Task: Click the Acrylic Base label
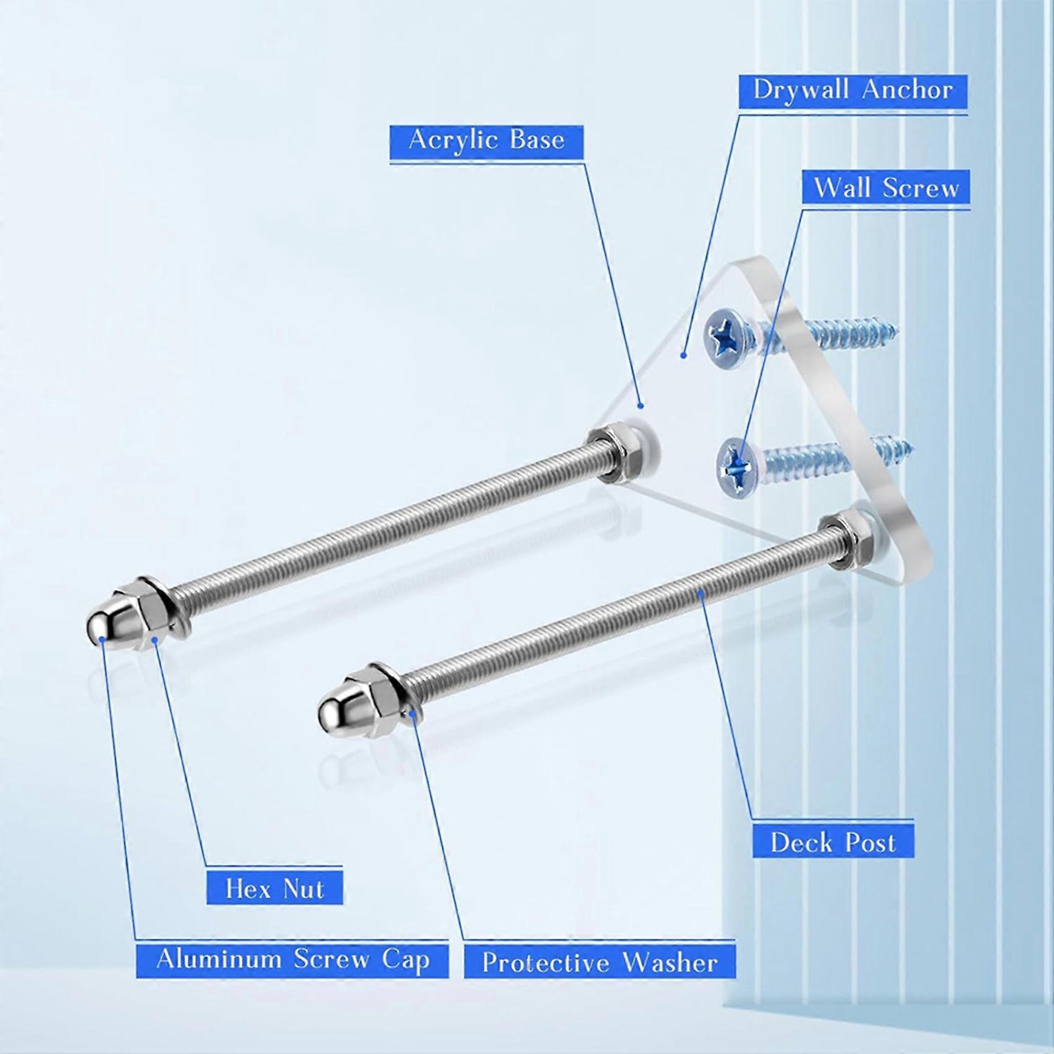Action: (487, 140)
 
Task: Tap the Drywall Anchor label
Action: (852, 91)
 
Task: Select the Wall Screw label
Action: (886, 187)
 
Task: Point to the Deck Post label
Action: (833, 843)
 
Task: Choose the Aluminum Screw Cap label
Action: (293, 960)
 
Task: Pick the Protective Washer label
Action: (600, 963)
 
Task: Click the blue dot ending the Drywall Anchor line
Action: (683, 355)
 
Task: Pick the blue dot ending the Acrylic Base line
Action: (641, 406)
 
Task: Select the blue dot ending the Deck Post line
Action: (701, 594)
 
